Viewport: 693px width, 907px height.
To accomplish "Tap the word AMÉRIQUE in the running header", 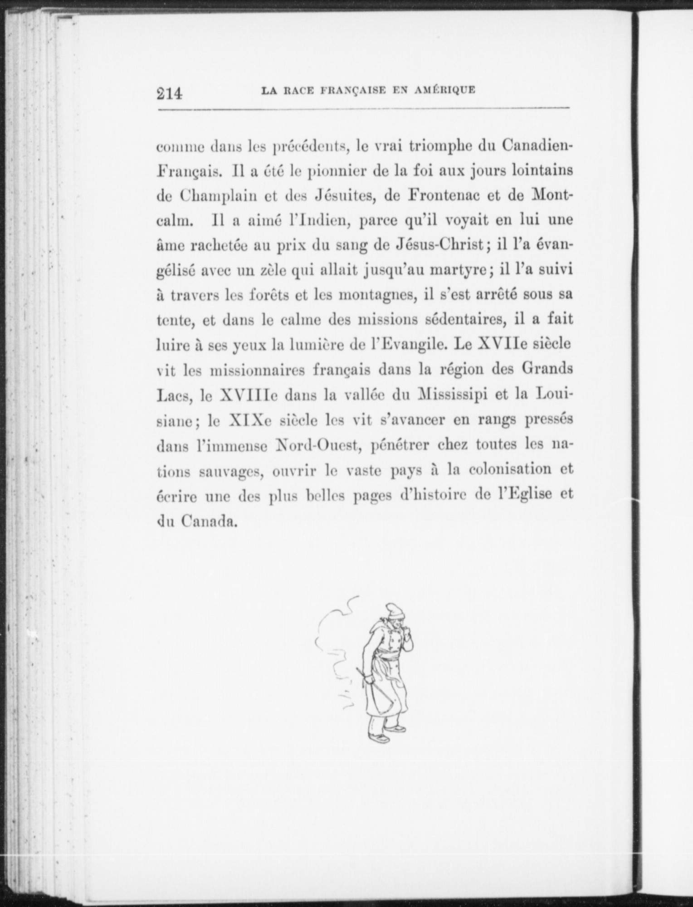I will pos(445,90).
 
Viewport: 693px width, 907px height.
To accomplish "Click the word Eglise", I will pos(525,494).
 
